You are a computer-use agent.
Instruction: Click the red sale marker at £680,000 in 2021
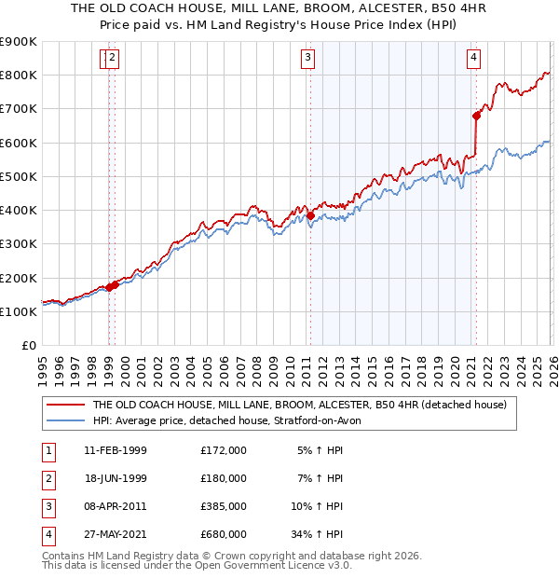point(476,116)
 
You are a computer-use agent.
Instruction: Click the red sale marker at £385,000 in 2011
point(310,215)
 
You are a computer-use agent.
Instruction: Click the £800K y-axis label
point(19,75)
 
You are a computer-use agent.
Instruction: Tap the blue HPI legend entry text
point(233,420)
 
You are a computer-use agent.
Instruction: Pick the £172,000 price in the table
point(224,450)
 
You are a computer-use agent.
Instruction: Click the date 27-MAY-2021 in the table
point(115,534)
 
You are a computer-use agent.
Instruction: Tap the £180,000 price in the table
point(224,478)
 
